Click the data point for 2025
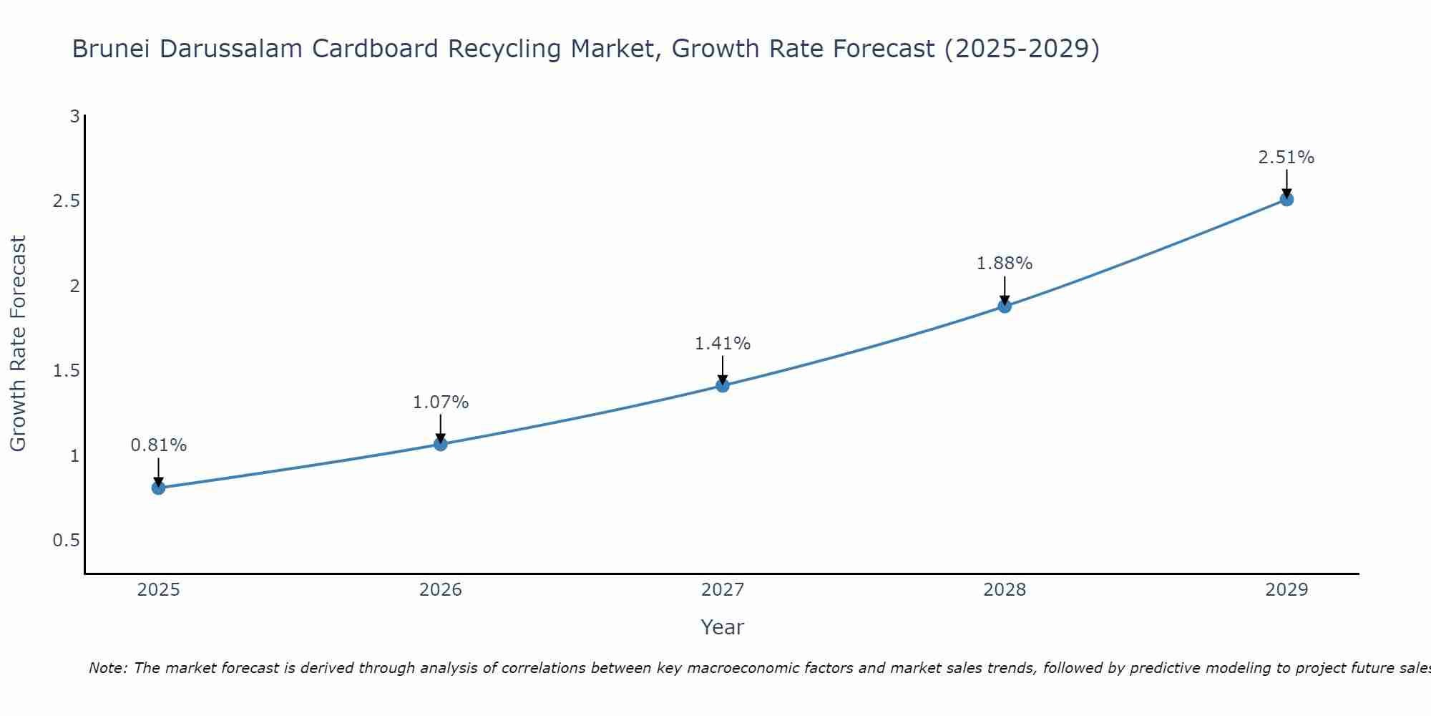coord(158,488)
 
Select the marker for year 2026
coord(440,444)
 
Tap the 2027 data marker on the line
coord(722,386)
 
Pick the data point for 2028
coord(1005,306)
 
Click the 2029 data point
coord(1286,199)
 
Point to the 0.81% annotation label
coord(158,445)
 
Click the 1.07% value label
coord(440,402)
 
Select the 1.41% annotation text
coord(722,344)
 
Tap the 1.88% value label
coord(1005,263)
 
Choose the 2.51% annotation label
coord(1286,158)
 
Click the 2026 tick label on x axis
coord(440,590)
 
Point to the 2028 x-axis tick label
coord(1005,590)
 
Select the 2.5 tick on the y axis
coord(66,201)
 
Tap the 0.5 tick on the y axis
coord(66,541)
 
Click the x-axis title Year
coord(722,627)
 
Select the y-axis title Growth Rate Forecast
coord(18,344)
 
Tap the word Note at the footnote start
coord(107,668)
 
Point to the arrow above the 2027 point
coord(722,369)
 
